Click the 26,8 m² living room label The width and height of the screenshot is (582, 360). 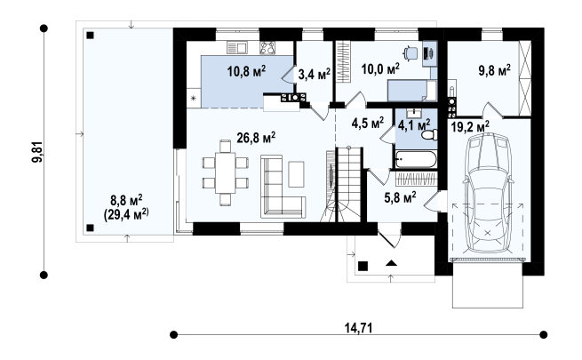(256, 138)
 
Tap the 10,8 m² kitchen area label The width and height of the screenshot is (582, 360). (246, 70)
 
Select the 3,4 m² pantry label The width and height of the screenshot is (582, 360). (314, 75)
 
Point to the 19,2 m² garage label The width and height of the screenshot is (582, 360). (470, 127)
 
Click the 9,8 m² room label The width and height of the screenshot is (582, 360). (494, 69)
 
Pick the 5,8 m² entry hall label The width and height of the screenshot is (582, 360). (400, 197)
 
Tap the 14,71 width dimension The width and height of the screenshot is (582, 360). (358, 328)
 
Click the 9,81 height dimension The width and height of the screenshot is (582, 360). (37, 152)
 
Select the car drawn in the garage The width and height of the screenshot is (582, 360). (487, 193)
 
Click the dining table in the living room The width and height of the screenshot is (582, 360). (226, 172)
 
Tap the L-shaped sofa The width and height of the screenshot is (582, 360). (283, 187)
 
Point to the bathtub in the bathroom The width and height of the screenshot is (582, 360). (416, 160)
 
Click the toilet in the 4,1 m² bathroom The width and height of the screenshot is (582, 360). (429, 135)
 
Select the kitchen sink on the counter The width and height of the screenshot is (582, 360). (237, 48)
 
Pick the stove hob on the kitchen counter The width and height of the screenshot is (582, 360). (267, 48)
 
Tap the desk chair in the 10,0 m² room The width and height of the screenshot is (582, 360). (410, 53)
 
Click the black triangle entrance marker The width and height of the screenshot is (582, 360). (391, 263)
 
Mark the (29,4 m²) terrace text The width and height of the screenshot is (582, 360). (126, 214)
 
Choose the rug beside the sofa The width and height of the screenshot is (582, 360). (296, 174)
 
